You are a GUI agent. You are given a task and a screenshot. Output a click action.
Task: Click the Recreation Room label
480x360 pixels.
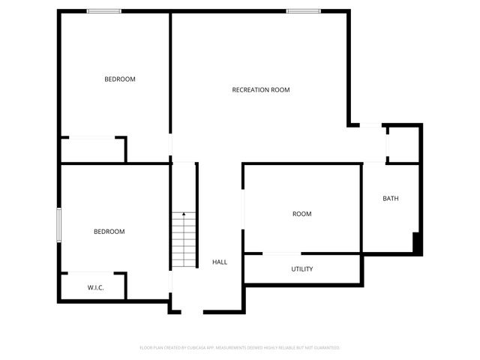[260, 90]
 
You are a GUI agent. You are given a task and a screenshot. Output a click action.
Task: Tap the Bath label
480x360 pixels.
[391, 199]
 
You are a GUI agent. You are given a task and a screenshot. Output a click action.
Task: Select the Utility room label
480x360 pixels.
[302, 269]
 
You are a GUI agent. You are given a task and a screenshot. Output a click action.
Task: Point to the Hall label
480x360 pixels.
[220, 262]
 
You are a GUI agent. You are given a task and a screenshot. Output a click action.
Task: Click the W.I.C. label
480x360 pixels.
[95, 287]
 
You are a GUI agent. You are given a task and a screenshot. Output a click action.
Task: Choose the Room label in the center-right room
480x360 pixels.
[301, 214]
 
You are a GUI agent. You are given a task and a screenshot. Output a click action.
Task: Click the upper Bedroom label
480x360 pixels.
[119, 79]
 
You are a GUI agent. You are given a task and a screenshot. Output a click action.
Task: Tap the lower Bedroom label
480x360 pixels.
[109, 232]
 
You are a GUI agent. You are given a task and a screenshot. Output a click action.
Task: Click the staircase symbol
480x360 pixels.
[183, 240]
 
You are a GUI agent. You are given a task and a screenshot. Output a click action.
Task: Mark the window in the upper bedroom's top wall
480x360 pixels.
[104, 10]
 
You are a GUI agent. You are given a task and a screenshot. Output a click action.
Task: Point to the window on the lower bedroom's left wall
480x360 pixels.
[59, 225]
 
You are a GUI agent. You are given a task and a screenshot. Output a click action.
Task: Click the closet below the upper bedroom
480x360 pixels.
[92, 150]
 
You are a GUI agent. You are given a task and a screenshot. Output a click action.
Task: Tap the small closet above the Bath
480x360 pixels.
[403, 143]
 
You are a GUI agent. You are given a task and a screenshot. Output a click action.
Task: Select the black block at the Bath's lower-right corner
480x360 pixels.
[417, 242]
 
